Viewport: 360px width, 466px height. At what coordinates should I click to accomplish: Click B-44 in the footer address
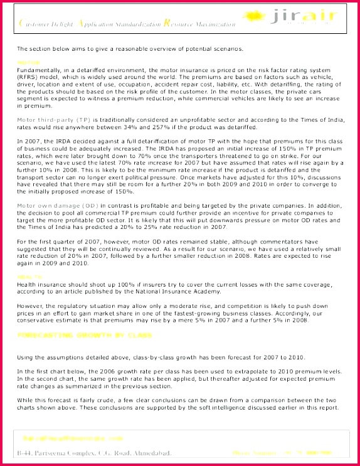click(x=25, y=452)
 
